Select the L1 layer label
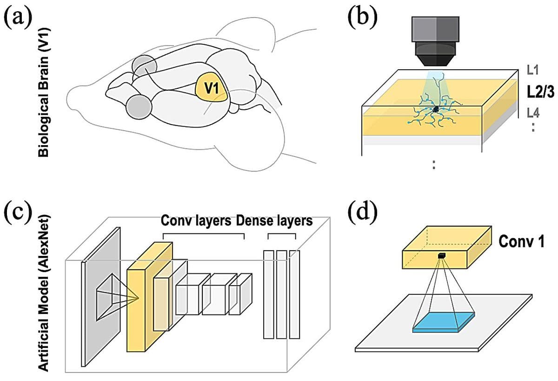(x=533, y=71)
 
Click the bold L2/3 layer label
(x=540, y=92)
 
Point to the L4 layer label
(x=533, y=113)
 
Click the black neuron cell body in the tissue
(x=436, y=109)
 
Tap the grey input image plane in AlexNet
(x=101, y=298)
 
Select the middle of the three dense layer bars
(x=281, y=294)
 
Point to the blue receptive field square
(x=444, y=322)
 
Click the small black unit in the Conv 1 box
(x=442, y=255)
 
